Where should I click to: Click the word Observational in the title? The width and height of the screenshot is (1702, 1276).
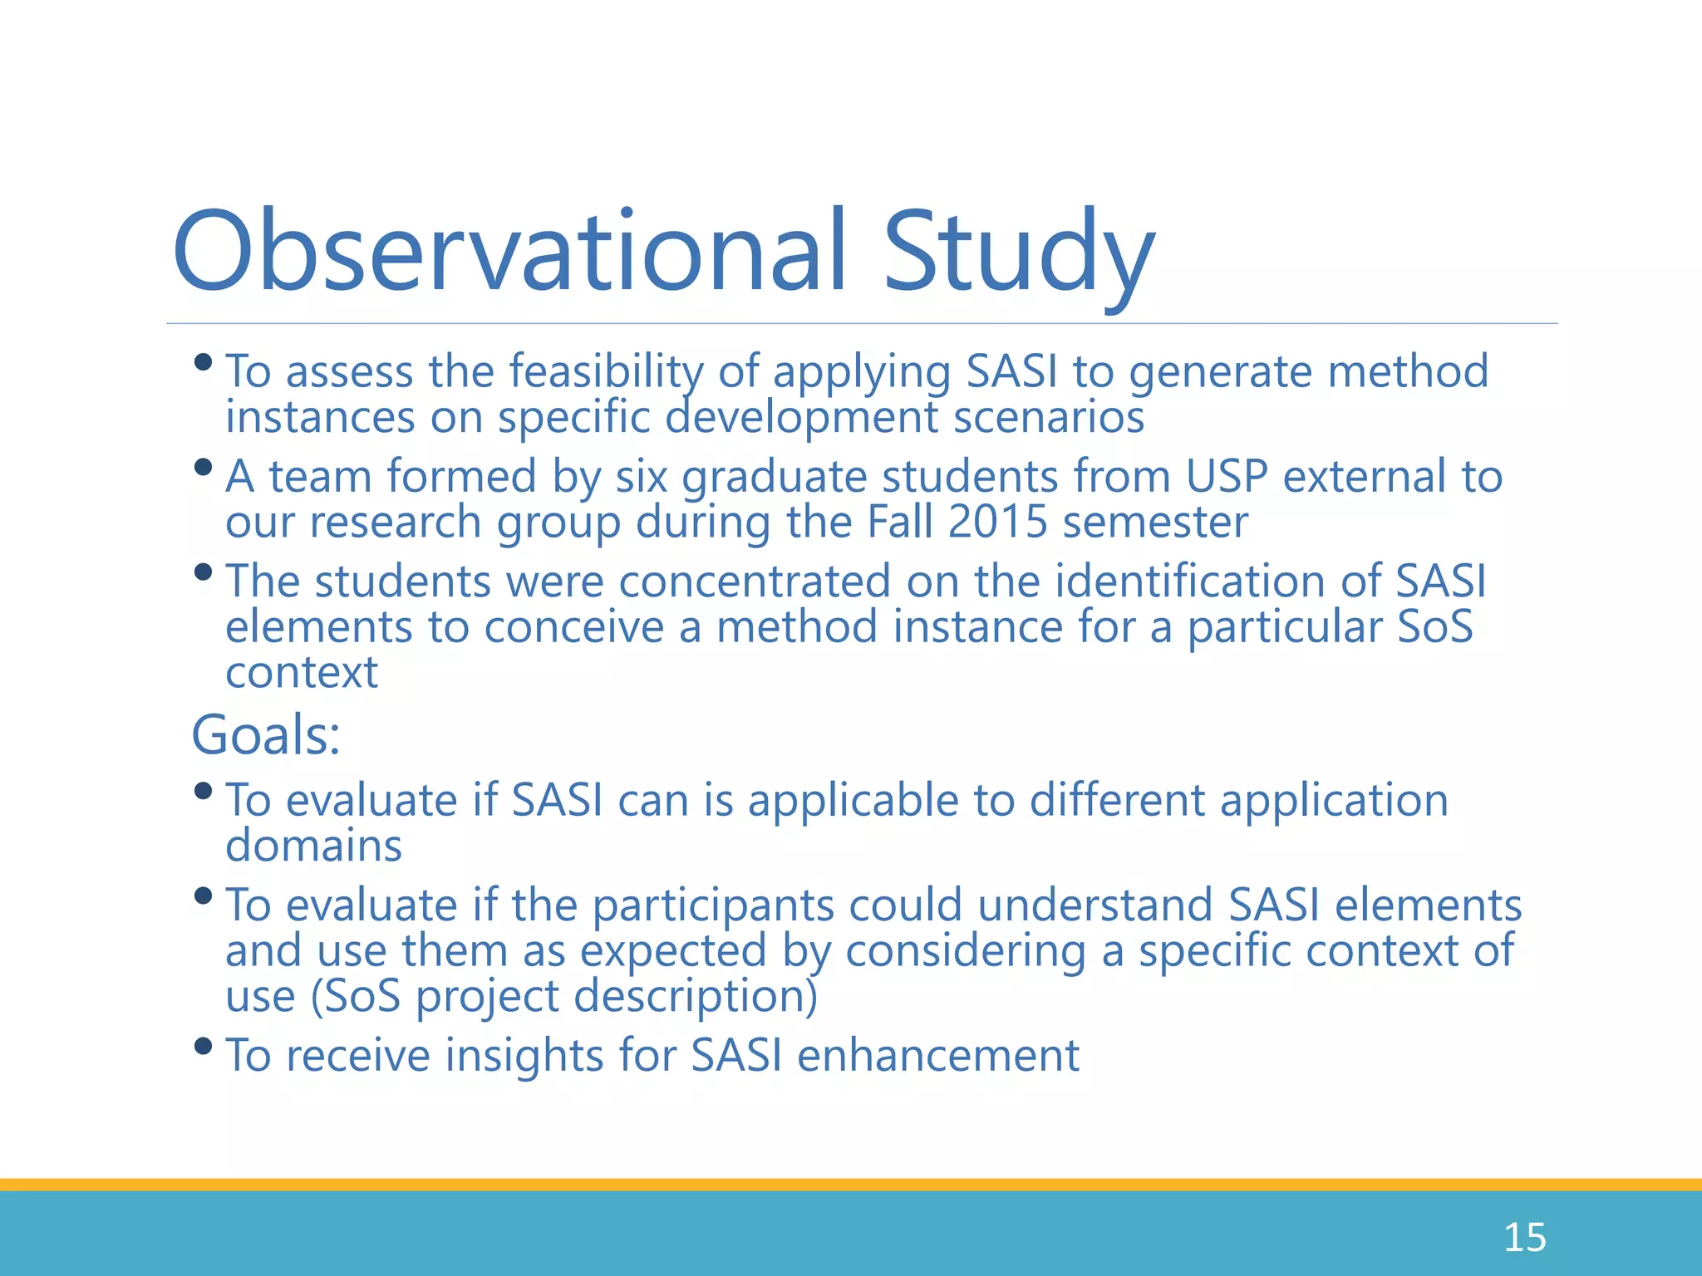[509, 252]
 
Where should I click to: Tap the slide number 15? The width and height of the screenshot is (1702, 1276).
[1524, 1237]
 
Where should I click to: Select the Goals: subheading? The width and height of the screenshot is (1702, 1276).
[266, 735]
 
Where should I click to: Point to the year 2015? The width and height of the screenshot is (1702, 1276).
[997, 523]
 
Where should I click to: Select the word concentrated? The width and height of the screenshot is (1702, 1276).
[755, 581]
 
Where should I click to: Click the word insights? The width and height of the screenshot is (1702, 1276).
[524, 1056]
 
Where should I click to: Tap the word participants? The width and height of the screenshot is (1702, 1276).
[712, 905]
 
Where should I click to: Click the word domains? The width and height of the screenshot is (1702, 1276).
[314, 846]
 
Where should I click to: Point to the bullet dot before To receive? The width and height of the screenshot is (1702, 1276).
[202, 1046]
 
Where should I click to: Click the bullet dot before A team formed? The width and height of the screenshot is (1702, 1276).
[202, 467]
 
